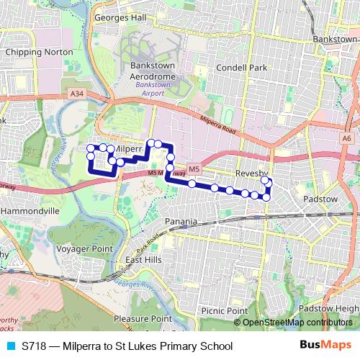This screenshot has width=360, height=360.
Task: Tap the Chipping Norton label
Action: (x=39, y=53)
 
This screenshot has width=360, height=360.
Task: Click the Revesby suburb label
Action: (x=252, y=175)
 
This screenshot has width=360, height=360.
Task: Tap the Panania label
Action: (x=180, y=221)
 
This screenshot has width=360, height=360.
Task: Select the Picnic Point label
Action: (x=224, y=310)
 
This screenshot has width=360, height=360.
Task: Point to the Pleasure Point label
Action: (x=143, y=318)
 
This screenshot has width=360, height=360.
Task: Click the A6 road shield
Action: (x=347, y=138)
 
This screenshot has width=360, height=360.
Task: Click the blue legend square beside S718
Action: (x=10, y=346)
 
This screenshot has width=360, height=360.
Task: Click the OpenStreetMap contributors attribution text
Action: (x=297, y=323)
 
